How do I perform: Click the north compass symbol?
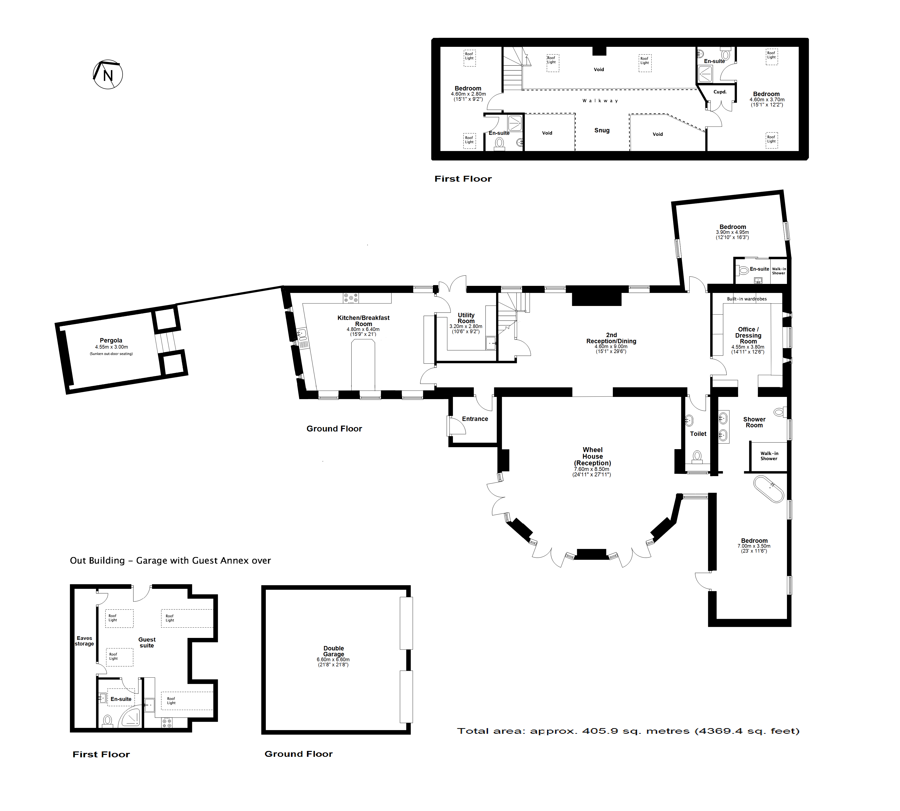[107, 75]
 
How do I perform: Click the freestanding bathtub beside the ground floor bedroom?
[769, 489]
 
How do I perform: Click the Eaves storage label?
[84, 641]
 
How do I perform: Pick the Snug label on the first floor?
[602, 130]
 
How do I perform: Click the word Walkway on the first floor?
[600, 101]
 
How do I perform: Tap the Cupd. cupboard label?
[720, 92]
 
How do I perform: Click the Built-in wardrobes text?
[747, 299]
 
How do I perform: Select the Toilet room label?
[698, 434]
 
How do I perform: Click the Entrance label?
[475, 419]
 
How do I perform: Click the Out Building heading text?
[170, 561]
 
